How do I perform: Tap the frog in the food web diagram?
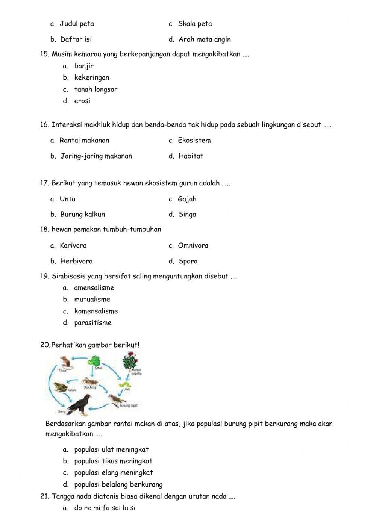tap(60, 387)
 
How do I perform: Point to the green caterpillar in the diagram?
tap(125, 385)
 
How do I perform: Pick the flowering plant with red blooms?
tap(130, 361)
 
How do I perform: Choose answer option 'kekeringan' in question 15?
tap(91, 77)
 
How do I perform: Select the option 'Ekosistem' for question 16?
tap(194, 140)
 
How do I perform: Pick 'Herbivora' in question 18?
tap(76, 261)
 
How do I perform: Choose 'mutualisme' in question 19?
tap(92, 299)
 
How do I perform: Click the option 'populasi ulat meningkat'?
tap(111, 449)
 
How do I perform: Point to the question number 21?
tap(44, 496)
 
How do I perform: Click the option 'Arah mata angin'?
tap(205, 39)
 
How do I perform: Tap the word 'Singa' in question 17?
tap(187, 214)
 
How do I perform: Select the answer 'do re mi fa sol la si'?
tap(105, 508)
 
